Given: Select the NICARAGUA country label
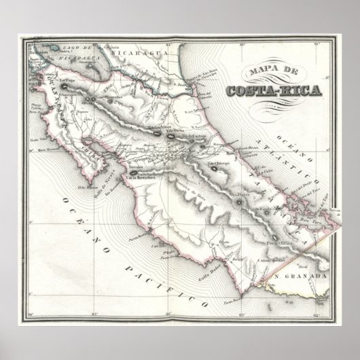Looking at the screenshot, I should click(136, 52).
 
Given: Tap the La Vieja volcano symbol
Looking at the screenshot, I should click(65, 86).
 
